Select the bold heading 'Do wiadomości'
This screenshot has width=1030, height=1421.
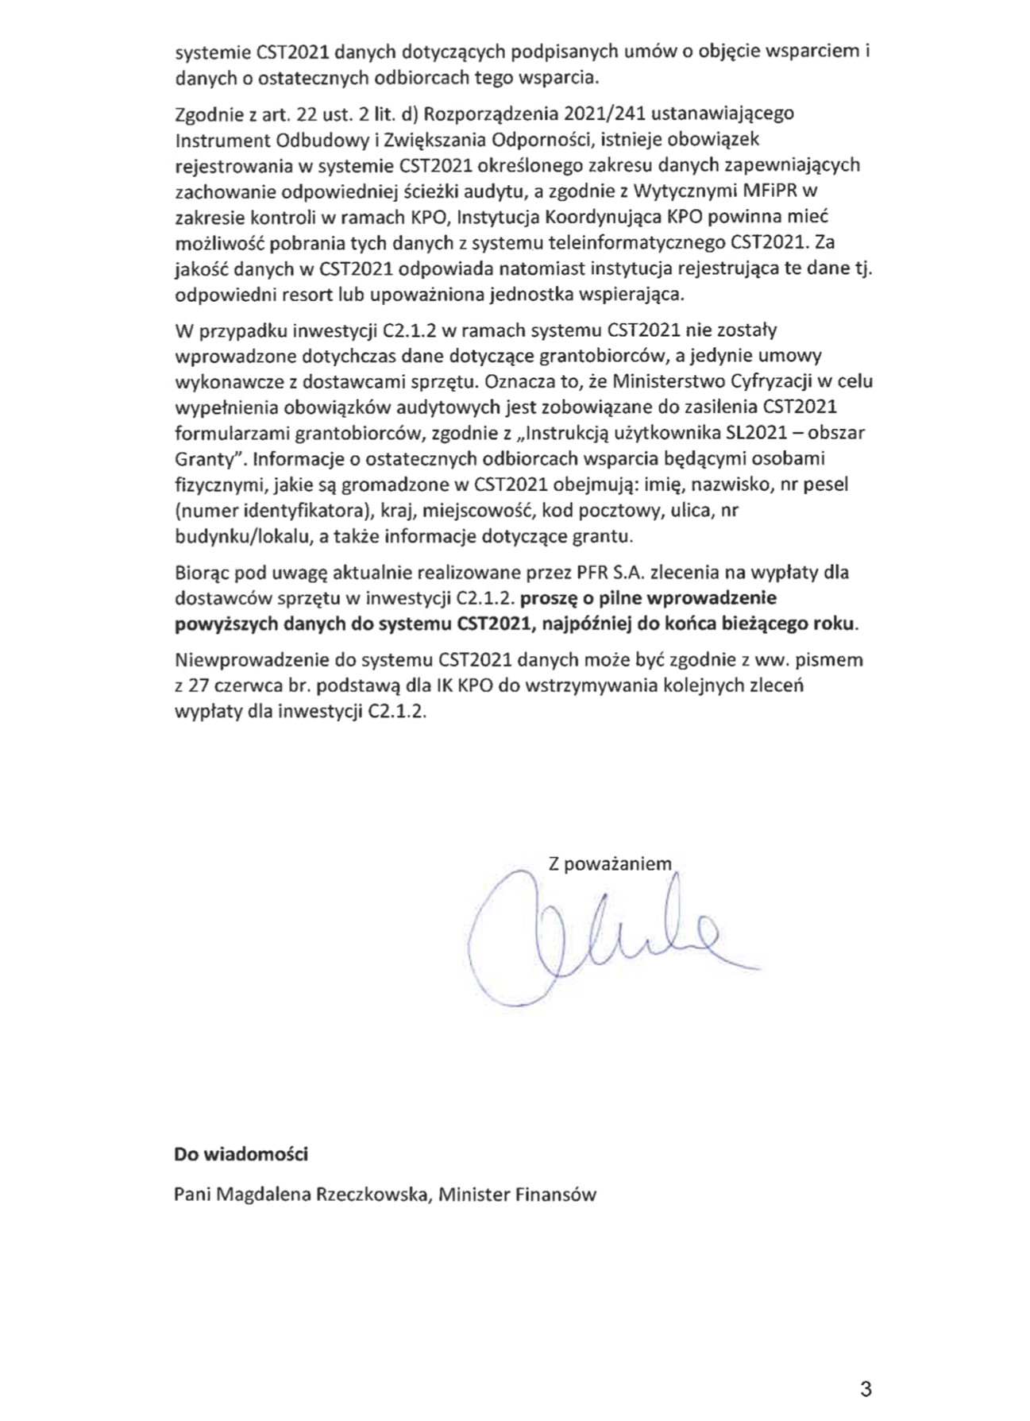tap(241, 1154)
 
